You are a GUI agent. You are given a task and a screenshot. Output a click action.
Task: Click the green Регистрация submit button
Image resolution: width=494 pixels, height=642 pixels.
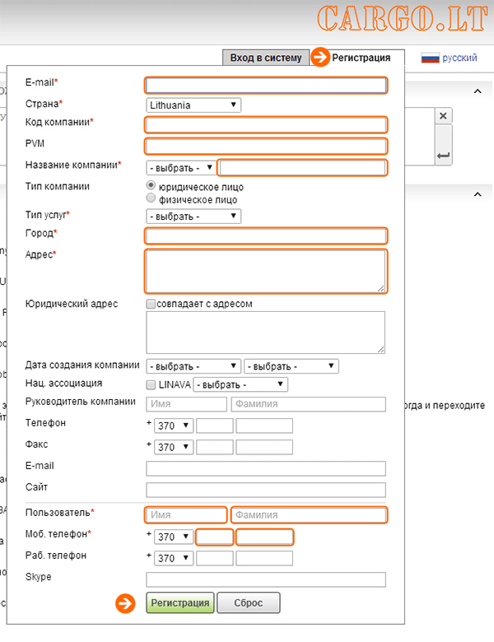(180, 603)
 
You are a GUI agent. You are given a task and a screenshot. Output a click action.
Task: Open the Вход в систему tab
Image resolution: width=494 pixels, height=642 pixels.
(266, 58)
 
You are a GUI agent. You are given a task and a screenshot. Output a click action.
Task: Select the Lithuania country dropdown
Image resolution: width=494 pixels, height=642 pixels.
(193, 105)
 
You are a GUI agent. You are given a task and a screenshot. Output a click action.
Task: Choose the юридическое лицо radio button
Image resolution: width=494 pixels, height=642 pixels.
(151, 187)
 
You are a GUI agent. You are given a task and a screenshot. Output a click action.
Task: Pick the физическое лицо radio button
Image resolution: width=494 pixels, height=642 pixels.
(151, 199)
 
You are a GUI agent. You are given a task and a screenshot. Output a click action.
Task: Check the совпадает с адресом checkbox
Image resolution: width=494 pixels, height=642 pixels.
(151, 304)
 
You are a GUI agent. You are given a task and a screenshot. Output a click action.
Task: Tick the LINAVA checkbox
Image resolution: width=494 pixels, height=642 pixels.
(151, 384)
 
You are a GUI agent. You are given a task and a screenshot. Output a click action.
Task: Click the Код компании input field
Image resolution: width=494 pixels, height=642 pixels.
(266, 125)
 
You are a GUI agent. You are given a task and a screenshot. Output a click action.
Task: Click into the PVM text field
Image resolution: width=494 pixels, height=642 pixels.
(266, 147)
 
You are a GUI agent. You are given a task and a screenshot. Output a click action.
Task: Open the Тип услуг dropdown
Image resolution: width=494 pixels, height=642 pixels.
(193, 216)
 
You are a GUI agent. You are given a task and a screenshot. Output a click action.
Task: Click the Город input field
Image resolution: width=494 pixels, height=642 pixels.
(266, 236)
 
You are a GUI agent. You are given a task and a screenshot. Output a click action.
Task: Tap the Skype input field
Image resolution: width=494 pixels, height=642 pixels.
(266, 579)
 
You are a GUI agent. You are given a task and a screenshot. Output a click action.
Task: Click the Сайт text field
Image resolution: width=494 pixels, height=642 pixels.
(266, 490)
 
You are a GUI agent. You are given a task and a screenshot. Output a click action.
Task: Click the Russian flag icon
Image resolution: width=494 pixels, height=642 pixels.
(430, 58)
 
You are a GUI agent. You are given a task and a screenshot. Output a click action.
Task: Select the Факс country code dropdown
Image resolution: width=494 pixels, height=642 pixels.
(175, 448)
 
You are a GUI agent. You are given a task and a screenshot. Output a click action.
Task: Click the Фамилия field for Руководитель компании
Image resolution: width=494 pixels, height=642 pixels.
(309, 404)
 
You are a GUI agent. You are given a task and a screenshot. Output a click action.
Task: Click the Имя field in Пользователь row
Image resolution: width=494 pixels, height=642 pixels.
(186, 515)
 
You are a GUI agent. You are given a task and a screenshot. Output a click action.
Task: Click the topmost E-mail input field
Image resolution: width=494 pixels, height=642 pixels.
(266, 85)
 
